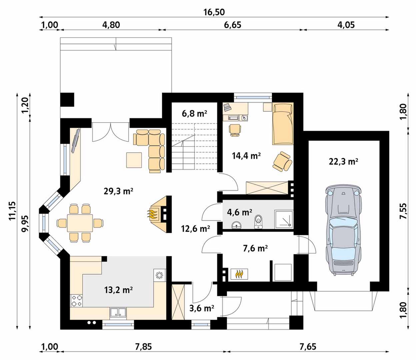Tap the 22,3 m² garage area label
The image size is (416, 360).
pos(343,162)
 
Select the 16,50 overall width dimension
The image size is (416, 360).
pos(214,12)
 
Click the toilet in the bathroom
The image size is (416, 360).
pos(258,222)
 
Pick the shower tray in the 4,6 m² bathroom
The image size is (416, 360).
pos(284,220)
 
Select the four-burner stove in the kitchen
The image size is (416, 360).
pos(76,301)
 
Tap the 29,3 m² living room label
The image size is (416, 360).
pos(118,191)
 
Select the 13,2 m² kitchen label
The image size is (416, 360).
pos(118,290)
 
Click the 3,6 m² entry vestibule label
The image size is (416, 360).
pos(202,308)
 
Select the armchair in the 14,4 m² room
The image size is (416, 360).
pos(282,161)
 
